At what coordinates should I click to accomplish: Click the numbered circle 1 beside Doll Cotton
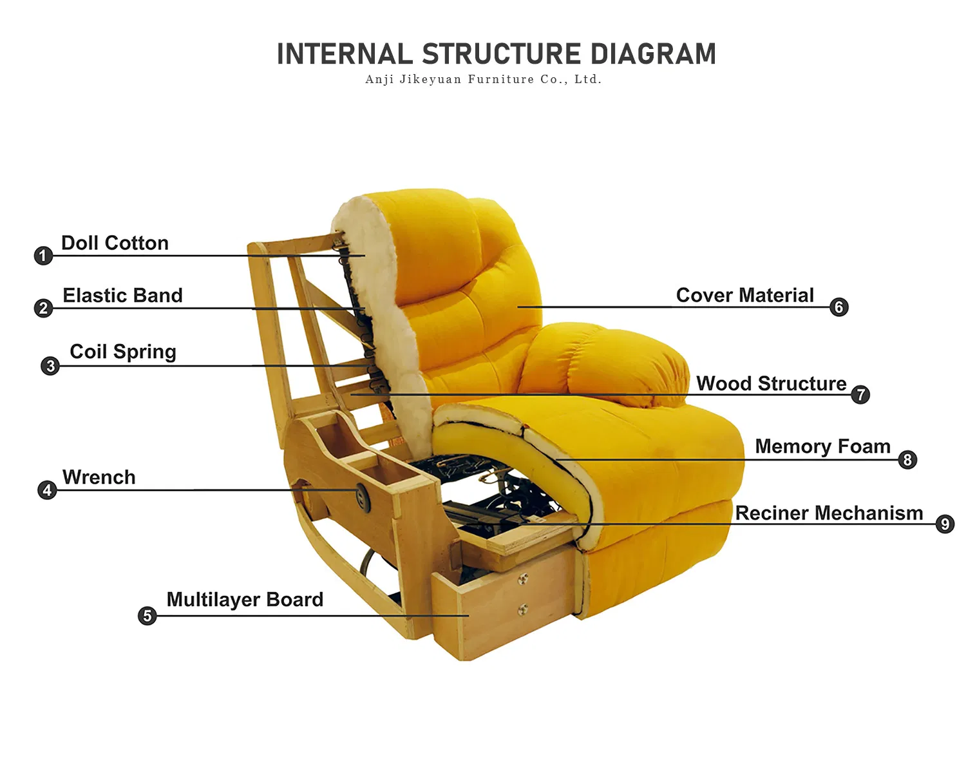43,256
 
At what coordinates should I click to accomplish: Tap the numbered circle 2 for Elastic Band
43,308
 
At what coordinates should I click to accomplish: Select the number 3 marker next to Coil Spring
50,366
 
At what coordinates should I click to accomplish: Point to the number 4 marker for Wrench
46,490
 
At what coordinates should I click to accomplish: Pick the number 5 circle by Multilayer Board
147,616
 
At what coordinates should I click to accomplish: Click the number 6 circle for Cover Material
838,307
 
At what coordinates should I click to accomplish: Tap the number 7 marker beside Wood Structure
860,394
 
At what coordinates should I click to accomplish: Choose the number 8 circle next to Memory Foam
907,459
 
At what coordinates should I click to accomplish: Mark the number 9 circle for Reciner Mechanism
945,524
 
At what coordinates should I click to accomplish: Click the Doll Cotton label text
115,243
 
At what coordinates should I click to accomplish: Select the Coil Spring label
122,352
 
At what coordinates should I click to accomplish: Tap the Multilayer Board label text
245,599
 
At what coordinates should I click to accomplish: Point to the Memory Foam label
822,446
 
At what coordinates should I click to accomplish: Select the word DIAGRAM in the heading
653,54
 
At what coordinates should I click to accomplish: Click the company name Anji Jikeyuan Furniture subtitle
483,79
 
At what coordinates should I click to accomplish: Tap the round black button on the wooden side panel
361,495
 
